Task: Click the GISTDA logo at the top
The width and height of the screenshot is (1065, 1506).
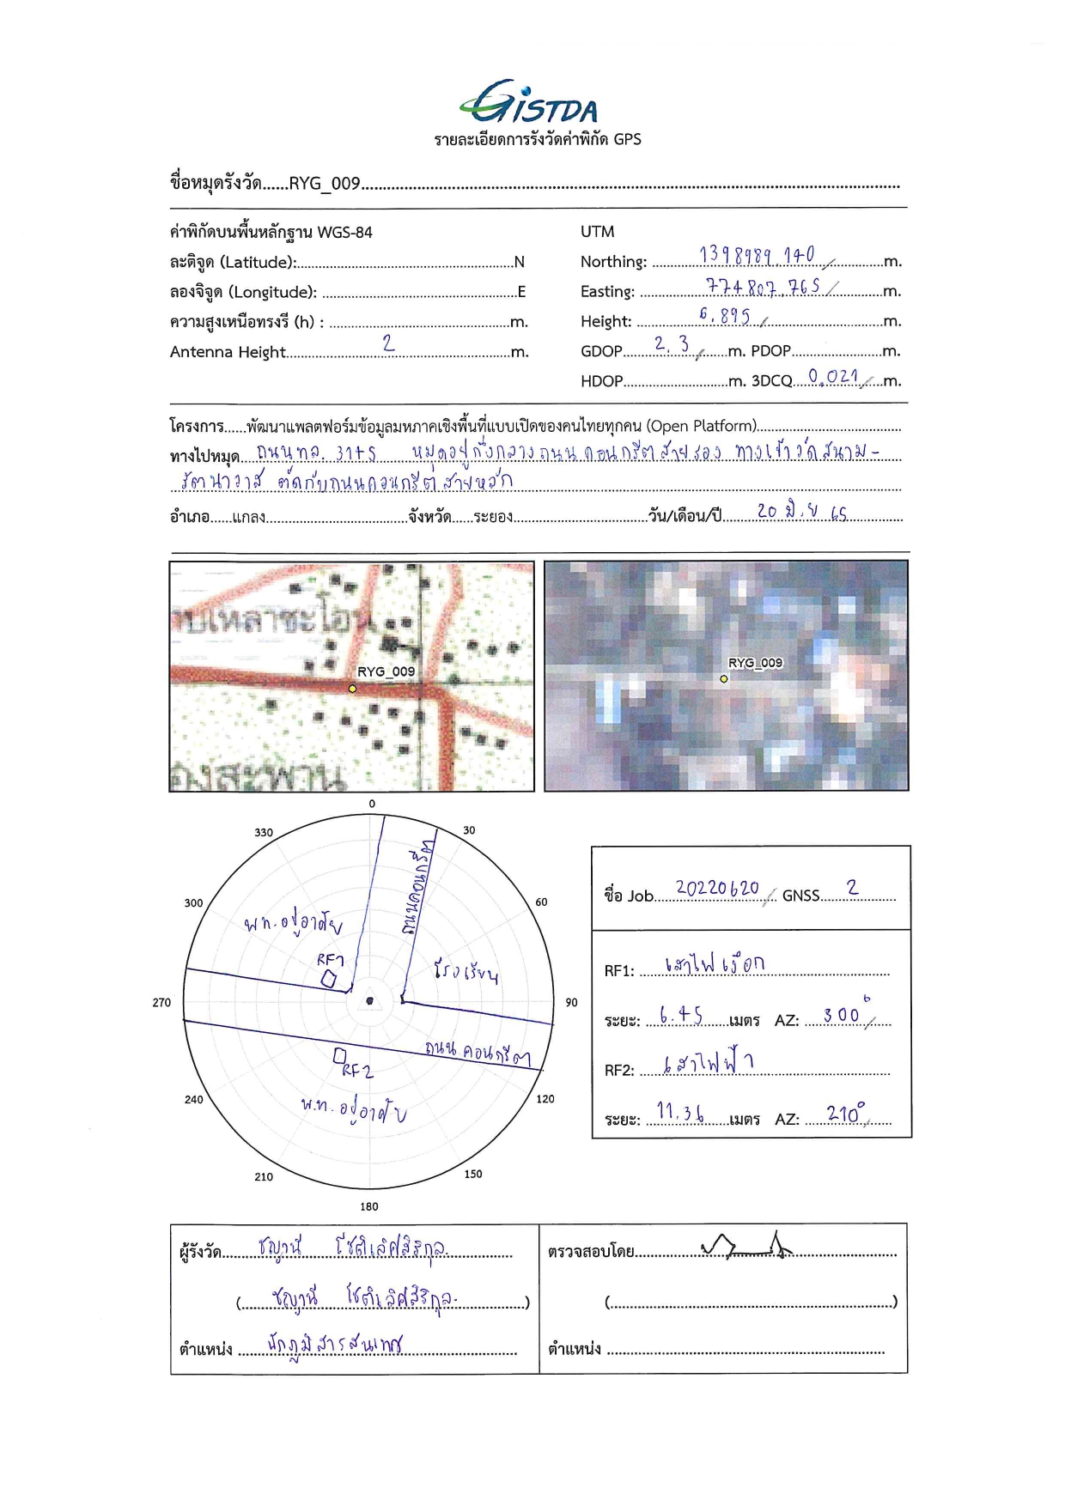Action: coord(529,104)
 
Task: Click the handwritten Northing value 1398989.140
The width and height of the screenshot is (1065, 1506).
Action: coord(757,255)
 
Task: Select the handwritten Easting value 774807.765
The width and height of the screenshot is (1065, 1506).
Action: coord(763,287)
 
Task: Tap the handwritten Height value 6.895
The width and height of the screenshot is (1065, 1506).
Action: coord(724,316)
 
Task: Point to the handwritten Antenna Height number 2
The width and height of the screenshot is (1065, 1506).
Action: coord(388,343)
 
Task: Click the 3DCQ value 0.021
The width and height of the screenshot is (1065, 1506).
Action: coord(832,376)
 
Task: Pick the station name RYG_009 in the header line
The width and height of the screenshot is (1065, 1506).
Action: coord(324,184)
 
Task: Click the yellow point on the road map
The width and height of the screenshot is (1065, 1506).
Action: coord(352,689)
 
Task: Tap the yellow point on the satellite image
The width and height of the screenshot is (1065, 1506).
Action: coord(724,679)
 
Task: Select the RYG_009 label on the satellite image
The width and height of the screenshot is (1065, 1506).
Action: coord(755,663)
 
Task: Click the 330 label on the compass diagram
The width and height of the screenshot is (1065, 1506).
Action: coord(264,832)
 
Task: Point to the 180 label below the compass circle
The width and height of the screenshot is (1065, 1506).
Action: coord(369,1206)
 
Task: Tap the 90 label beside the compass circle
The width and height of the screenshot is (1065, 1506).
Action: coord(571,1002)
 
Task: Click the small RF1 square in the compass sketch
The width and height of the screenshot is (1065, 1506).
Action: coord(328,979)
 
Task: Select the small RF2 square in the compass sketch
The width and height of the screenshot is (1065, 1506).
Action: coord(340,1055)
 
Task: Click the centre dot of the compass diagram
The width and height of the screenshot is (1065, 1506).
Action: coord(370,1000)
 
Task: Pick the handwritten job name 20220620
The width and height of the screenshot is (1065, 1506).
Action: coord(717,888)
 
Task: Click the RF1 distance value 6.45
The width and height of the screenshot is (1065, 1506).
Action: coord(681,1015)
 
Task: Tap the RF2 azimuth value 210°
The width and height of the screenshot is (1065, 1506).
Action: coord(845,1114)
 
